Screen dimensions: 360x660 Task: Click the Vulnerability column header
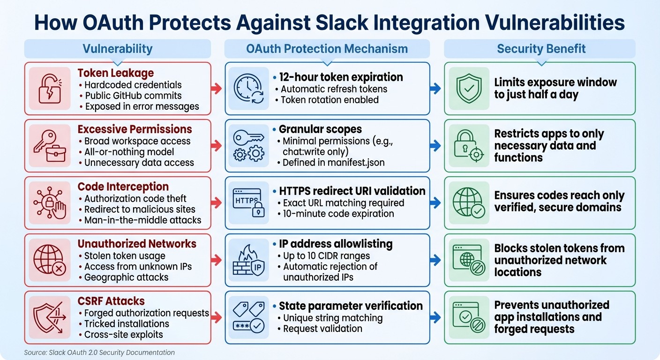point(118,49)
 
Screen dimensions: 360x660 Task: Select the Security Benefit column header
point(541,49)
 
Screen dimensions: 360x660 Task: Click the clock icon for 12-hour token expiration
point(249,88)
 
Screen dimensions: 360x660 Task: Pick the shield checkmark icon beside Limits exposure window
point(469,88)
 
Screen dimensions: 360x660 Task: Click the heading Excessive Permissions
point(135,129)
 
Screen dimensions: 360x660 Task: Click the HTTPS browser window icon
point(249,202)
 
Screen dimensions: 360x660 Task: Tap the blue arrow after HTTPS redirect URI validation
point(435,202)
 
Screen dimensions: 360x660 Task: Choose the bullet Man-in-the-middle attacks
point(143,220)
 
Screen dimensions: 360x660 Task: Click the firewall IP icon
point(249,260)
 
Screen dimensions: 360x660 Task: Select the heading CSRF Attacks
point(111,301)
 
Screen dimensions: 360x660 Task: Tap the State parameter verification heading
point(351,306)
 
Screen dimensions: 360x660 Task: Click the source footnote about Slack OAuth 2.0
point(99,352)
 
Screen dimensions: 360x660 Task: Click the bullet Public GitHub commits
point(133,96)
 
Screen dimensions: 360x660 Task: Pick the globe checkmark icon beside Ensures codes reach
point(469,202)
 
